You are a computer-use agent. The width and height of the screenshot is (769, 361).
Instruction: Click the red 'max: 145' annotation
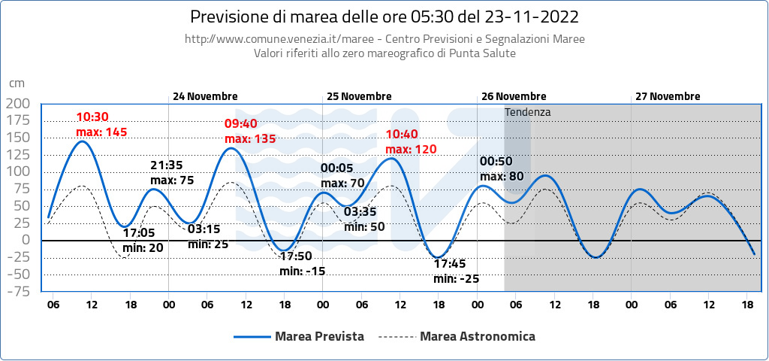(101, 132)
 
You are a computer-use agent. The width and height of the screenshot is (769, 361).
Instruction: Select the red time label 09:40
(240, 123)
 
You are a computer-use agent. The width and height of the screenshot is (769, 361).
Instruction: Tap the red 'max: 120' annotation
(411, 149)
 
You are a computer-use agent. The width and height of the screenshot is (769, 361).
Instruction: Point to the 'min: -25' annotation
(456, 278)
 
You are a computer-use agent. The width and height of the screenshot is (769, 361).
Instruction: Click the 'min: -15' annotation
(302, 271)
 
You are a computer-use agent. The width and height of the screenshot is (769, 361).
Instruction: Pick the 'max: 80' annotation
(501, 177)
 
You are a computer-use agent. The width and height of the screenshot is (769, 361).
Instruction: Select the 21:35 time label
(167, 165)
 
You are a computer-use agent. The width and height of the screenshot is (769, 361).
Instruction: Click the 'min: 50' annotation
(364, 226)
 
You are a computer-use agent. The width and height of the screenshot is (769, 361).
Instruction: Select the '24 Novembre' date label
(205, 96)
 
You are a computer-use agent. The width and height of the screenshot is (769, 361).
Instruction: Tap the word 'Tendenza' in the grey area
(528, 112)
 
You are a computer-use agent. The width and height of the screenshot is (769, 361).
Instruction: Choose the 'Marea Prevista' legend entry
(319, 336)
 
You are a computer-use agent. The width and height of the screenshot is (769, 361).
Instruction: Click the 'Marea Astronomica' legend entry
(478, 336)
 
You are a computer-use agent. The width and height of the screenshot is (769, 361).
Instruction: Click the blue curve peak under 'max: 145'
(83, 141)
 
